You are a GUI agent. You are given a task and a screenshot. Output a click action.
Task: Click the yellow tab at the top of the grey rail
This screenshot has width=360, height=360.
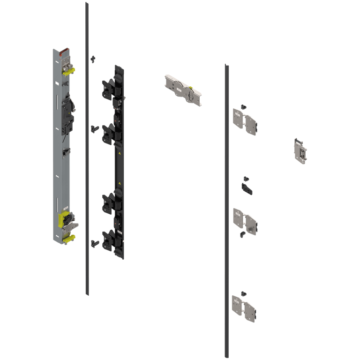point(69,71)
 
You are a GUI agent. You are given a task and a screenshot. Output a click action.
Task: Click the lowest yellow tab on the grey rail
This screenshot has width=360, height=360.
point(69,239)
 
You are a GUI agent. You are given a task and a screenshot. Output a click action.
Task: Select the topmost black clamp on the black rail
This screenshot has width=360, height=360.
point(109,88)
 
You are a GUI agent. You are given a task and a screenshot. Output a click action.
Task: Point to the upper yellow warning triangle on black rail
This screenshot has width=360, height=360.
point(120,153)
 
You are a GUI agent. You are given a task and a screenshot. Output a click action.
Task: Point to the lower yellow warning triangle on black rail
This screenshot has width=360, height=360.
point(120,183)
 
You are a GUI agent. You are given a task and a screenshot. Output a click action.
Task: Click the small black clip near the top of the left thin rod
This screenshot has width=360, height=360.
point(93,59)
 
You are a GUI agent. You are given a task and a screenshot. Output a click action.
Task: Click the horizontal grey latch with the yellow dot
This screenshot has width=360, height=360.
point(183,90)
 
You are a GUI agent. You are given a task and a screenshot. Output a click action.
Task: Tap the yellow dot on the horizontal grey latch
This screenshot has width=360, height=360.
point(191,87)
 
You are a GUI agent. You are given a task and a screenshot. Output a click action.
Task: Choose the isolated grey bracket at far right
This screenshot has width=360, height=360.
point(300,151)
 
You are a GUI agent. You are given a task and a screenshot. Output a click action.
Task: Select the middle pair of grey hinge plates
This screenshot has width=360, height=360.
point(245,221)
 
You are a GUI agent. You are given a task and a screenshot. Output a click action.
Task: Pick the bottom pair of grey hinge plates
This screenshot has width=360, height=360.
point(244,308)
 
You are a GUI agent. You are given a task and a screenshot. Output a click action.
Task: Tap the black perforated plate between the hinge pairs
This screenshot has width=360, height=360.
point(247,188)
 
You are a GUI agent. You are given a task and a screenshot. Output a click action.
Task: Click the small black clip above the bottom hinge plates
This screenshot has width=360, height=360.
point(243,293)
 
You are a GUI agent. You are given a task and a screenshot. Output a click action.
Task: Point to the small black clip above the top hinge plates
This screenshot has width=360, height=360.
point(243,106)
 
